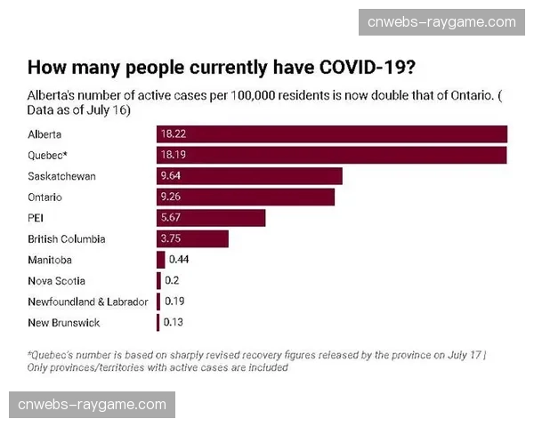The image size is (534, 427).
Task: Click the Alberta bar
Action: point(331,134)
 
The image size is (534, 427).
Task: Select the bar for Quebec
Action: point(331,155)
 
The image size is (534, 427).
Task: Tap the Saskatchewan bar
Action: point(249,176)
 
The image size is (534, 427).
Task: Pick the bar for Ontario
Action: point(246,197)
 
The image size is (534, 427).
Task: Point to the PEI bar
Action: point(211,218)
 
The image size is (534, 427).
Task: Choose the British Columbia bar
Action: point(192,238)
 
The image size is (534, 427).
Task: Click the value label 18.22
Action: point(173,134)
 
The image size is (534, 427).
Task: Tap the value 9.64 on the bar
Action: point(171,176)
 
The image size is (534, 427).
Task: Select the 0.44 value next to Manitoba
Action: point(179,260)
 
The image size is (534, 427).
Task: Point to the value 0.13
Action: point(174,322)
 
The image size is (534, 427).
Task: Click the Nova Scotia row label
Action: point(57,281)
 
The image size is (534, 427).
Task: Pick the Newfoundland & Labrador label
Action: point(88,302)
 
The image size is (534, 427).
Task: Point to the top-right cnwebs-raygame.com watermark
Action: point(441,22)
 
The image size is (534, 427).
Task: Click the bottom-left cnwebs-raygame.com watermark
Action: point(92,405)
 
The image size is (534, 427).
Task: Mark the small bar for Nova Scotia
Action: point(158,281)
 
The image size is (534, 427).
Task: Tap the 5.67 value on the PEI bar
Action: point(171,218)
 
